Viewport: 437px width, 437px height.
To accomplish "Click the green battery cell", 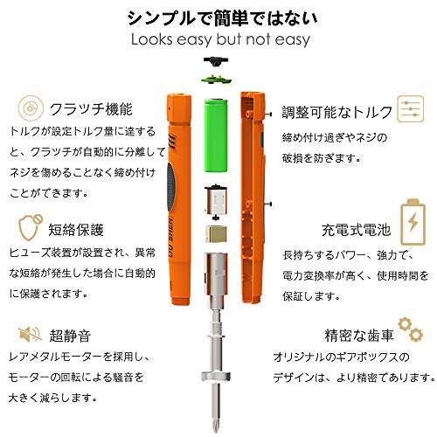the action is (x=216, y=135).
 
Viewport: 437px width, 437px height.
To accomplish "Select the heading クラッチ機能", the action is (x=91, y=109).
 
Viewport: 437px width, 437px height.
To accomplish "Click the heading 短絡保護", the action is (x=76, y=230).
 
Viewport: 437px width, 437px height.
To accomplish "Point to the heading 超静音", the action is (x=70, y=336).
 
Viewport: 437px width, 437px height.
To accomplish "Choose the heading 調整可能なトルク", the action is (x=337, y=112).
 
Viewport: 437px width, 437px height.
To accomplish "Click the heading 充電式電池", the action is (x=356, y=230).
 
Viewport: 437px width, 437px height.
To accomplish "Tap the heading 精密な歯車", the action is (x=359, y=335).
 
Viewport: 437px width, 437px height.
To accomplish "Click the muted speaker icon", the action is (x=30, y=334).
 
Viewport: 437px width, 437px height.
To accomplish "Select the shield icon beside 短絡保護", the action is (x=31, y=227).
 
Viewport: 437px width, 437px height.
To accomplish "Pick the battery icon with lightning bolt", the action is (x=413, y=222).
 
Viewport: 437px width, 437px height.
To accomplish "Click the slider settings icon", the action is (x=411, y=109).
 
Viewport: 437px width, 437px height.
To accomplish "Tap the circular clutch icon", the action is (x=31, y=108).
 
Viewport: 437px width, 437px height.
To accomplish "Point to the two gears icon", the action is (x=411, y=329).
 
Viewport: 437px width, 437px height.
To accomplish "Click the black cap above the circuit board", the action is (x=216, y=61).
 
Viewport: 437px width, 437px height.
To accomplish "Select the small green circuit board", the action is (x=216, y=79).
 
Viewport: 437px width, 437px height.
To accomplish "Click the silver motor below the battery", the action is (x=216, y=202).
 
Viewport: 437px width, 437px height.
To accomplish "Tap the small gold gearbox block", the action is (x=216, y=233).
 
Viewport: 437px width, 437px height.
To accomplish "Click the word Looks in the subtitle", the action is (x=152, y=39).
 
